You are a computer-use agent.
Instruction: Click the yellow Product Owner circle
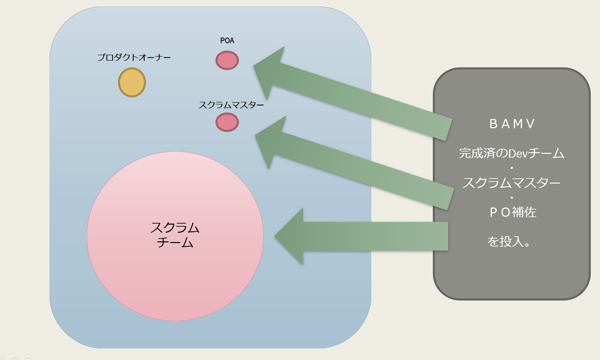[132, 82]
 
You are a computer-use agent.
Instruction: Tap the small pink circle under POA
[227, 60]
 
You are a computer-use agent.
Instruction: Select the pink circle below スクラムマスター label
[227, 122]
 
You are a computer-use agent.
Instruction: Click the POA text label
[227, 40]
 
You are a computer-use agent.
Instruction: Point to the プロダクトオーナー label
[134, 57]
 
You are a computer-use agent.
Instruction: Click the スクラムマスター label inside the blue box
[231, 105]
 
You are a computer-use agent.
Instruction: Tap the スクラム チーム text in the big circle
[175, 235]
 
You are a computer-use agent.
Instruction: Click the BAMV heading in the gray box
[512, 124]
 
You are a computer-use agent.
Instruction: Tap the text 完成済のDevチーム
[512, 153]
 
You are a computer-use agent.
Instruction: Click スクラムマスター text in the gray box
[511, 183]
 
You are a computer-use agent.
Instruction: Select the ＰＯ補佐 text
[512, 212]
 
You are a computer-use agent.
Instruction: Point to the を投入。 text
[509, 242]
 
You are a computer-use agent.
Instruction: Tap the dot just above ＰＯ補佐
[512, 197]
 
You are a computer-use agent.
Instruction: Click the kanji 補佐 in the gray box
[524, 212]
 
